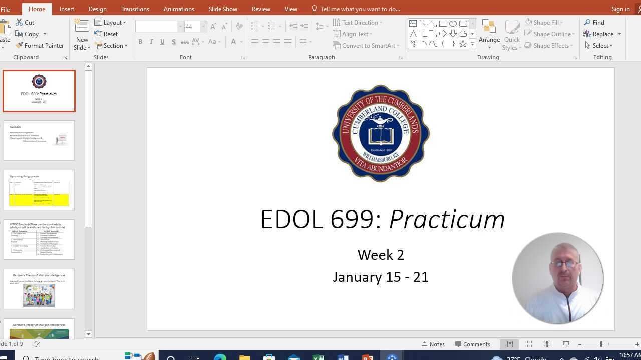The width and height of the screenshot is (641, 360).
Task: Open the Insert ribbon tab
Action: pos(67,9)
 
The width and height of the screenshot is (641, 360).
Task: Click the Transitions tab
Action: pos(135,9)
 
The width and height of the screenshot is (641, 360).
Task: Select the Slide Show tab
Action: pos(223,9)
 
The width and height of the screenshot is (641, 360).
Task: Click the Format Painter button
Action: pos(40,46)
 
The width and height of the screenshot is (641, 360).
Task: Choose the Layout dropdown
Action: pos(110,23)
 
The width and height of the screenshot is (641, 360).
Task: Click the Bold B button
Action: pos(140,42)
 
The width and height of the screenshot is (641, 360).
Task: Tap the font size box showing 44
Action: pos(192,27)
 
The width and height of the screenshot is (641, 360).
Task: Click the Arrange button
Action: pos(489,33)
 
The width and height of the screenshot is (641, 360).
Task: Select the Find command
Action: pos(594,23)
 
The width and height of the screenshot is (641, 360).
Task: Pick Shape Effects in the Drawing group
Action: pos(550,46)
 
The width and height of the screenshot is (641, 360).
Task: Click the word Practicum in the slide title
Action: pos(447,220)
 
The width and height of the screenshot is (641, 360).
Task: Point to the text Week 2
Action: pos(381,255)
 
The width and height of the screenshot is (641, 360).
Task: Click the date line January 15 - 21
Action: pos(381,277)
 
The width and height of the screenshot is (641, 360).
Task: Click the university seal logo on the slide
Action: pos(381,133)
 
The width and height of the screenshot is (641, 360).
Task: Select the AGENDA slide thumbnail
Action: pos(39,140)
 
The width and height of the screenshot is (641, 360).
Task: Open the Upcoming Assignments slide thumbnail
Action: pos(39,190)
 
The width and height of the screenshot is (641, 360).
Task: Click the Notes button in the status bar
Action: pos(433,344)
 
